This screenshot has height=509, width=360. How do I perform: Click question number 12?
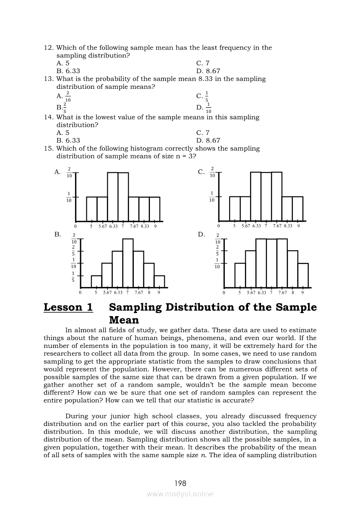tap(49, 47)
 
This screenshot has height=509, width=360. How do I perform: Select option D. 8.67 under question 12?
tap(208, 71)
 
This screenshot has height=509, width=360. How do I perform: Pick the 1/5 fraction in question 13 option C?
tap(207, 96)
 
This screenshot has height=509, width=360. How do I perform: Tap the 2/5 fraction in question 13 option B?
tap(65, 107)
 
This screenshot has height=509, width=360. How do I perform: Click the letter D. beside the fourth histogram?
tap(201, 234)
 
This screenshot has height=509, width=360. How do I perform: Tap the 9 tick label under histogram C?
tap(299, 226)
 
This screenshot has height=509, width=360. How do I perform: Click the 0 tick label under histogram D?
tap(224, 293)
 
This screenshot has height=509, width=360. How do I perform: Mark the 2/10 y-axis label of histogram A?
tap(69, 172)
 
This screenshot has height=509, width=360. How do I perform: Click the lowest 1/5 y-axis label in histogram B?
tap(73, 276)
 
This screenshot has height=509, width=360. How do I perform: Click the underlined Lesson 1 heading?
tap(68, 307)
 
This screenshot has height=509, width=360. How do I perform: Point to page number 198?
tap(180, 483)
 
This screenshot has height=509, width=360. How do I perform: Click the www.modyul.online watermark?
tap(180, 494)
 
